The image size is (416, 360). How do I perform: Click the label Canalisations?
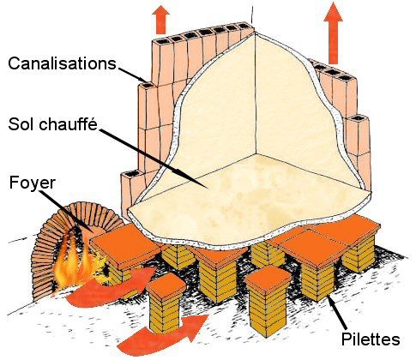tap(62, 63)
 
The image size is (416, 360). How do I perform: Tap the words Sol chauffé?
tap(53, 124)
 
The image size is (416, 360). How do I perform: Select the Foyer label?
tap(32, 183)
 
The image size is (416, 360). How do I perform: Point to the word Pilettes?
tap(371, 339)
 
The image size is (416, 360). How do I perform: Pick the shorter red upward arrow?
tap(161, 20)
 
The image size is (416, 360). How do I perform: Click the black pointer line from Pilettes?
tap(338, 313)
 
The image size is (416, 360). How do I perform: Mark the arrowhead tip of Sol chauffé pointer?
tap(208, 189)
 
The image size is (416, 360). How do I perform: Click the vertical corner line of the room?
tap(256, 94)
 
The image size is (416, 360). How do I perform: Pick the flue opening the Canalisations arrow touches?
tap(148, 85)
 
